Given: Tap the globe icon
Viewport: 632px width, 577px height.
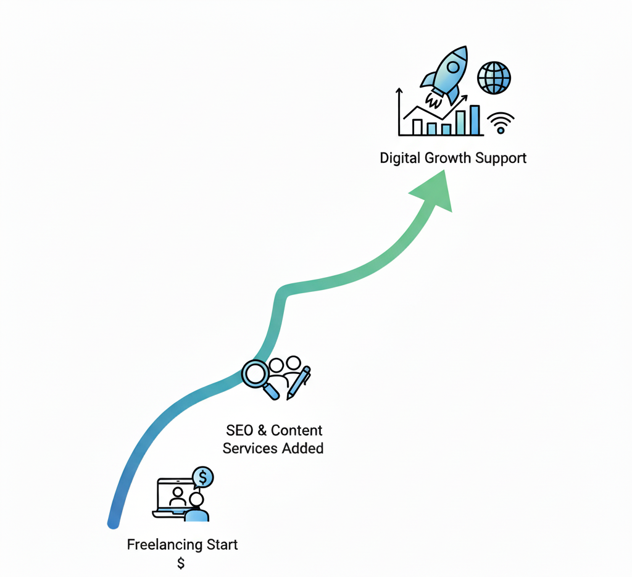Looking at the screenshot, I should (x=494, y=77).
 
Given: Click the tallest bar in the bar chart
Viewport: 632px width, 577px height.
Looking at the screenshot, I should (x=475, y=120).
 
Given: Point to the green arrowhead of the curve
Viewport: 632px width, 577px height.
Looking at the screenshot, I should (x=434, y=191).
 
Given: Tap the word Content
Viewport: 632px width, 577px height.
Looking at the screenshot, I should (x=297, y=430).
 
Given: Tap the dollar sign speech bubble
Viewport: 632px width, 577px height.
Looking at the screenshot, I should (x=203, y=478).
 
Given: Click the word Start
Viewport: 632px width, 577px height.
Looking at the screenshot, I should (x=222, y=545).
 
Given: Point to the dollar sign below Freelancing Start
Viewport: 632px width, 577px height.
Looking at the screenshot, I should (x=181, y=563).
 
